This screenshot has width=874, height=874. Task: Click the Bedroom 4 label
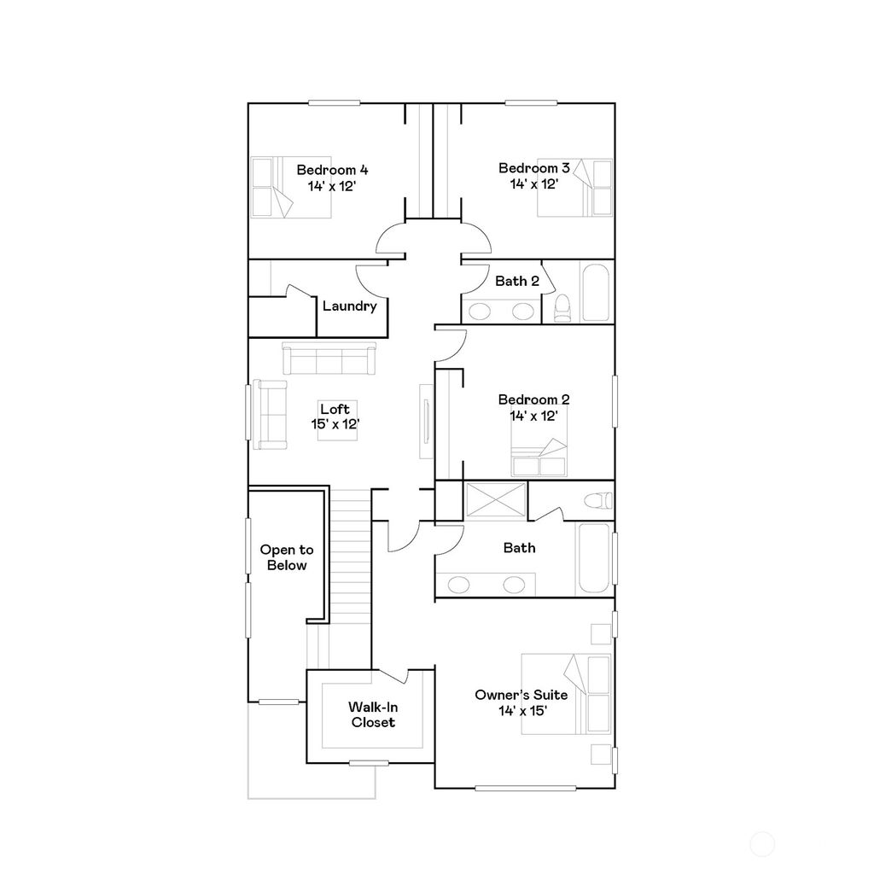coord(332,169)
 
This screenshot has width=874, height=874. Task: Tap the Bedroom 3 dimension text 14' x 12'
coord(534,184)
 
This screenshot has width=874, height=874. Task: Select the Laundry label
coord(350,306)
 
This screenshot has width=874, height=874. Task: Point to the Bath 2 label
coord(516,281)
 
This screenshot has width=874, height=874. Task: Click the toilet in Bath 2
coord(562,308)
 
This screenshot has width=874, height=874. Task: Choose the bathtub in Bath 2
coord(596,293)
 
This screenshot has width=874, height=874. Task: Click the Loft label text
coord(335,409)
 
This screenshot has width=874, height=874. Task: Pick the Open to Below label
coord(287,557)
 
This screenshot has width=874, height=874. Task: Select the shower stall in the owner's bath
coord(495,500)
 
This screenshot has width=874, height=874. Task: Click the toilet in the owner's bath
coord(598,500)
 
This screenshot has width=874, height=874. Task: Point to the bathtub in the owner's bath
coord(595,559)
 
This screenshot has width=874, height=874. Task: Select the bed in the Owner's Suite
coord(567,694)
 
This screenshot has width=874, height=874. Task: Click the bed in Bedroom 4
coord(272,187)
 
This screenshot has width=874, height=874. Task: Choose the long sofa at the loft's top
coord(329,358)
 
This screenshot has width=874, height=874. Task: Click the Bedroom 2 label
coord(534,399)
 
